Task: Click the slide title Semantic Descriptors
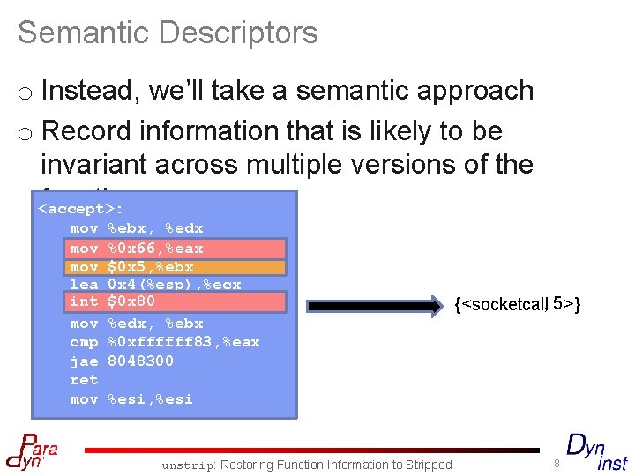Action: coord(168,33)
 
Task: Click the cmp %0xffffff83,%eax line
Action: coord(164,342)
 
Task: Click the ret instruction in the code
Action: coord(84,380)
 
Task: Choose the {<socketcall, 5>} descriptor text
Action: coord(517,304)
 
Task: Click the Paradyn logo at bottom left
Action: coord(32,450)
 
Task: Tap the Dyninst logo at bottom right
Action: coord(596,451)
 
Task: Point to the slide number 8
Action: coord(557,464)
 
